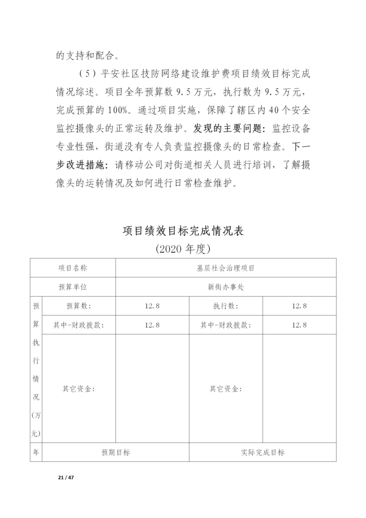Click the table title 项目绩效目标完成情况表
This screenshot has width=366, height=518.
(183, 231)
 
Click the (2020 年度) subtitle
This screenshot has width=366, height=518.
(183, 249)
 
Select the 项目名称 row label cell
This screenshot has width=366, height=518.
(73, 267)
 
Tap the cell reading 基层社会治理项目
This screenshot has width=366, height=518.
(226, 267)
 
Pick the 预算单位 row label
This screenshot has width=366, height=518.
(73, 286)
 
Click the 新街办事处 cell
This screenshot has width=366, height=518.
(226, 286)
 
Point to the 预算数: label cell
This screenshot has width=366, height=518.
(79, 306)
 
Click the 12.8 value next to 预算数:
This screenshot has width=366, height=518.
(152, 306)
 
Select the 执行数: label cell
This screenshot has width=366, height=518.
(226, 306)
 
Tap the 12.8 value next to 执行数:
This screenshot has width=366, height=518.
(299, 306)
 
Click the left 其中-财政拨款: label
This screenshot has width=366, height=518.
(79, 324)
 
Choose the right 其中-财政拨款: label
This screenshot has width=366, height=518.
(226, 324)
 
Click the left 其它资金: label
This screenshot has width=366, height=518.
(79, 389)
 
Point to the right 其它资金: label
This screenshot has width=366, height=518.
(226, 389)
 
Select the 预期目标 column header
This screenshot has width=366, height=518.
(116, 452)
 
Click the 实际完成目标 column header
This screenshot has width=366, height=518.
(262, 452)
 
